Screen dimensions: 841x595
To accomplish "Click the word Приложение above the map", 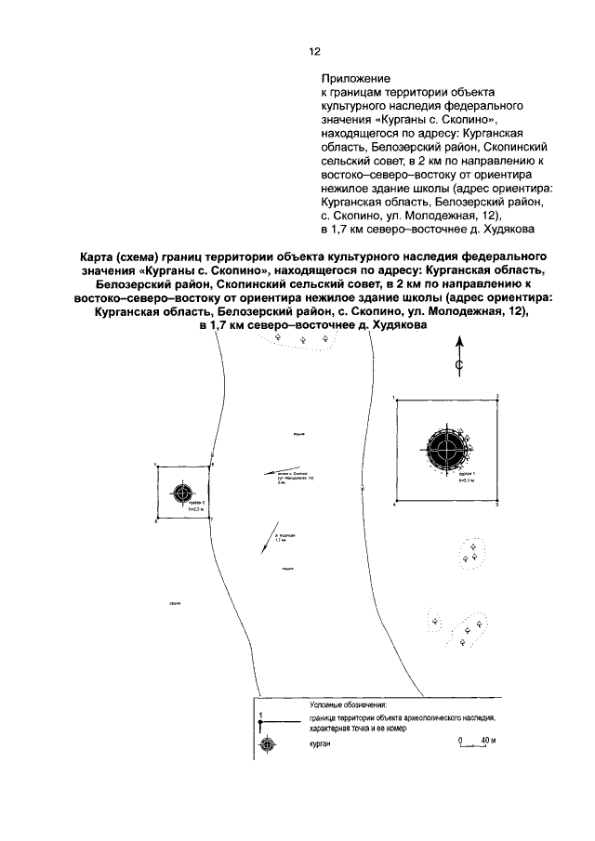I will pyautogui.click(x=355, y=80).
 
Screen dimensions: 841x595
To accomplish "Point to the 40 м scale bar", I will pyautogui.click(x=474, y=746).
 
